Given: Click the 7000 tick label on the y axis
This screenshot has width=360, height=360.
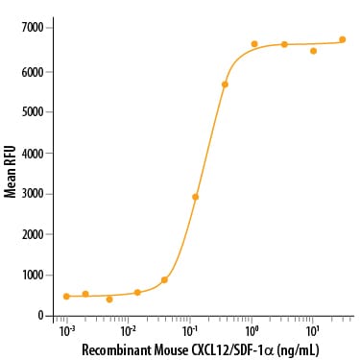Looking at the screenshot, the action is (x=32, y=28).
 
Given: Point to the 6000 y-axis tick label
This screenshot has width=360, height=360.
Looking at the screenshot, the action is (x=32, y=71).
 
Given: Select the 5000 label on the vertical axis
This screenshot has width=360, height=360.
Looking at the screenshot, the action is (x=32, y=112).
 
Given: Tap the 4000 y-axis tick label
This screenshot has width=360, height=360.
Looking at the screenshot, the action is (x=32, y=153).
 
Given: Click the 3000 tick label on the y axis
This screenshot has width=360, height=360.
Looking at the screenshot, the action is (x=32, y=194).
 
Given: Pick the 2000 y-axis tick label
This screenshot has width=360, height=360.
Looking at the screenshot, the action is (x=32, y=234).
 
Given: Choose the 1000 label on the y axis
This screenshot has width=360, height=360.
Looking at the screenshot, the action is (x=32, y=276).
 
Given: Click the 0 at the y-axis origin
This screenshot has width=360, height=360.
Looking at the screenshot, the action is (x=40, y=316).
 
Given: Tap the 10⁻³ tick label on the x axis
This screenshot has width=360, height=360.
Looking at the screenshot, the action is (x=66, y=330).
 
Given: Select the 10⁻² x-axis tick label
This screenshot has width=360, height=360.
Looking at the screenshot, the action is (x=128, y=330).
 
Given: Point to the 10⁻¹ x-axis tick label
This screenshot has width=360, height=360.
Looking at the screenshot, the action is (x=189, y=330).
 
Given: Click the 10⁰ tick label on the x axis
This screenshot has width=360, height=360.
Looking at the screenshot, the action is (x=252, y=330).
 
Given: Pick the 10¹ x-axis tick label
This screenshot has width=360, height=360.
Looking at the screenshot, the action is (x=313, y=330).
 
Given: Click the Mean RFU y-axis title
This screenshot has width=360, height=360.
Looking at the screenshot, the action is (x=10, y=172).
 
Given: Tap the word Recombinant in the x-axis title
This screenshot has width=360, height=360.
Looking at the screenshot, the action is (x=116, y=349).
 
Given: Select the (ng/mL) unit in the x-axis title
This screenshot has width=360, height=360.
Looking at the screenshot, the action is (x=298, y=350).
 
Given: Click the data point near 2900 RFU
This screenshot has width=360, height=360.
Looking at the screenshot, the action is (x=195, y=197).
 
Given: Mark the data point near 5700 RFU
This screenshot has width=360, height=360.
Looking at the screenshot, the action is (x=225, y=84).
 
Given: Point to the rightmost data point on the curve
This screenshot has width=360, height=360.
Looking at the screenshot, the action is (x=342, y=39).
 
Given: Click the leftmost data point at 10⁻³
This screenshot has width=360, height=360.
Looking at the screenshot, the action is (x=66, y=297).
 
